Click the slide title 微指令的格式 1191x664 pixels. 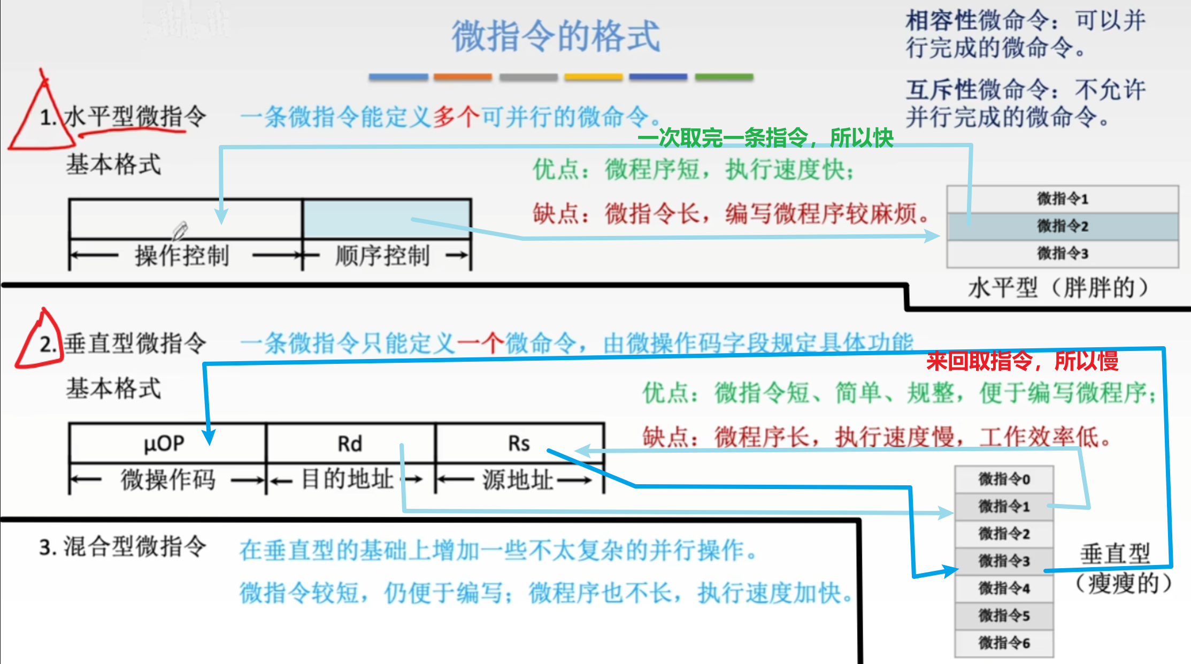(556, 36)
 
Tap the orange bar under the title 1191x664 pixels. (463, 77)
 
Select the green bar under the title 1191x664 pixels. (724, 77)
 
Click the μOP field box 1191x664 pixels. (164, 444)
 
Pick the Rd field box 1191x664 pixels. (350, 444)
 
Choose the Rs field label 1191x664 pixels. (519, 444)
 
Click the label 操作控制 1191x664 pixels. (182, 256)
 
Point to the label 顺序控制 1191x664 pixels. (382, 256)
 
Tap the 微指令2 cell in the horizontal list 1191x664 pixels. (1063, 226)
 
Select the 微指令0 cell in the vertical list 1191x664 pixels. (1004, 479)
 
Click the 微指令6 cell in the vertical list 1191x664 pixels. (1004, 643)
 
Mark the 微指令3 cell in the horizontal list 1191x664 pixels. (1063, 253)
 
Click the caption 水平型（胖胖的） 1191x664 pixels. (1057, 288)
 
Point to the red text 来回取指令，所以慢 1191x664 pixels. (1021, 361)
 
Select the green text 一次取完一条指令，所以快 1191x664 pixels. (765, 138)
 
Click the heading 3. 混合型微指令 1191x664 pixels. (123, 547)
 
